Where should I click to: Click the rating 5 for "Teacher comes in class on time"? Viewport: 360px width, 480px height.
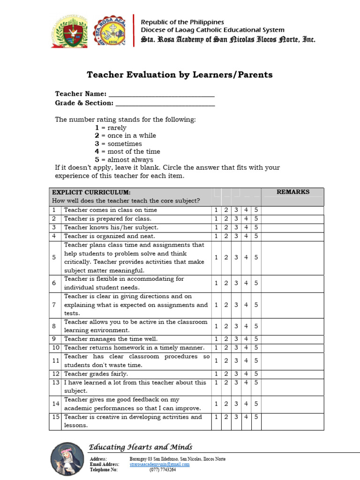pos(256,210)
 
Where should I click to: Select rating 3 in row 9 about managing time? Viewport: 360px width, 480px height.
pos(236,339)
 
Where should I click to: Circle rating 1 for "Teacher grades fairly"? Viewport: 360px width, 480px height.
pos(216,374)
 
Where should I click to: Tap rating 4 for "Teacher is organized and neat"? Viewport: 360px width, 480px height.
pos(246,236)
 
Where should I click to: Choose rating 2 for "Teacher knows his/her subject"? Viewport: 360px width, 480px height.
pos(226,227)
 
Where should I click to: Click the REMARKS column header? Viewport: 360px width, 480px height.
pos(293,192)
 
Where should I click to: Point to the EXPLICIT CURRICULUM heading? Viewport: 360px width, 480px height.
pos(91,192)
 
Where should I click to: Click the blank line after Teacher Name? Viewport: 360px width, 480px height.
pos(161,94)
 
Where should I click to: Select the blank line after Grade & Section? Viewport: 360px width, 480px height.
pos(165,103)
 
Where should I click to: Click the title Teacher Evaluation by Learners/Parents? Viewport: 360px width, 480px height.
pos(180,75)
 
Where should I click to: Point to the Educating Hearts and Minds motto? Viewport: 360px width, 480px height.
pos(141,447)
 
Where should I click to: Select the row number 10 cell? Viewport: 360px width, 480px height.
pos(55,348)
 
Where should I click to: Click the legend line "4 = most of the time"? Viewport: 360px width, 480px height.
pos(127,151)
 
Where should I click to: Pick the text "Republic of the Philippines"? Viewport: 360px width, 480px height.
pos(182,22)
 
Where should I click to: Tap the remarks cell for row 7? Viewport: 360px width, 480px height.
pos(293,305)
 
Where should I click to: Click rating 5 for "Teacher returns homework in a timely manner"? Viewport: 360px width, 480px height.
pos(256,348)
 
